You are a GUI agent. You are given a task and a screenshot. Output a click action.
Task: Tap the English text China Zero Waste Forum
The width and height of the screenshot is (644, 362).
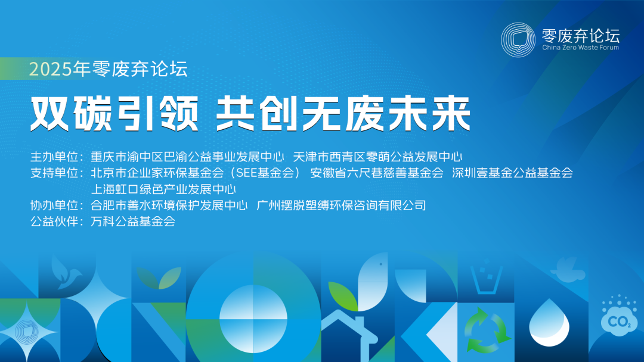pos(581,48)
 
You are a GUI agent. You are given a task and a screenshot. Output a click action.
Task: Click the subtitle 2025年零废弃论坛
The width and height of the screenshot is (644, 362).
pos(109,70)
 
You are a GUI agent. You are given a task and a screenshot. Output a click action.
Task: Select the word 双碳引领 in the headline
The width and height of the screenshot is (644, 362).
pos(113,114)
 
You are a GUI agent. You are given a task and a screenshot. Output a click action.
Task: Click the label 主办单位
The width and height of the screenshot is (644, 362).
pos(54,157)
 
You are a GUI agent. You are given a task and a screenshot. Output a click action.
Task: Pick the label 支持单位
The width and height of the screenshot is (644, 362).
pos(54,173)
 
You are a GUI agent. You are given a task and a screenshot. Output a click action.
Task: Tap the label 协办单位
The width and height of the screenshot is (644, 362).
pos(54,206)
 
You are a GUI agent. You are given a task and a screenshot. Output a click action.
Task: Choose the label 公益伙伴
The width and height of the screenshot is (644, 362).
pos(54,222)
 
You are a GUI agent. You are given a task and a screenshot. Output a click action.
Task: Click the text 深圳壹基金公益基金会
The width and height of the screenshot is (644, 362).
pos(512,173)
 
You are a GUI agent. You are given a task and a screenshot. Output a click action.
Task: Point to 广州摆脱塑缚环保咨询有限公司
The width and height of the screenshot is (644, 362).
pos(341,206)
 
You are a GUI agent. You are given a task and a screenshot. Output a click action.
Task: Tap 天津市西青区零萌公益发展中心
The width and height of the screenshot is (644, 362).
pos(378,157)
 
